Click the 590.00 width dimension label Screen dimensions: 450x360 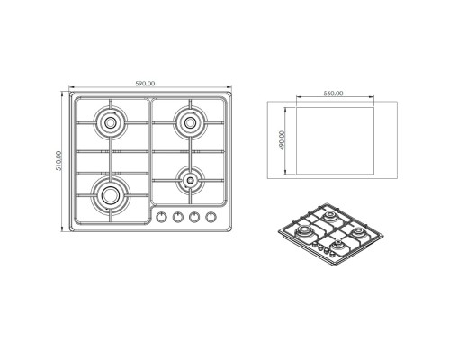[145, 84]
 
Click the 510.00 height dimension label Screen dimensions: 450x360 [58, 161]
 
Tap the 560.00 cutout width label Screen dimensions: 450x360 [333, 94]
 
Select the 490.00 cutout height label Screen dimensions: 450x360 [283, 140]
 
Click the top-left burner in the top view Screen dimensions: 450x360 [111, 122]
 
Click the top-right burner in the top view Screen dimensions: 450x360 [190, 122]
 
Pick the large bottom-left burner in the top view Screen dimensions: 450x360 [111, 195]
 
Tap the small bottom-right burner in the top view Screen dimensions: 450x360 [190, 180]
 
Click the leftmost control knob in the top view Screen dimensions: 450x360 [162, 217]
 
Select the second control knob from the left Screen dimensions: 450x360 [178, 217]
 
